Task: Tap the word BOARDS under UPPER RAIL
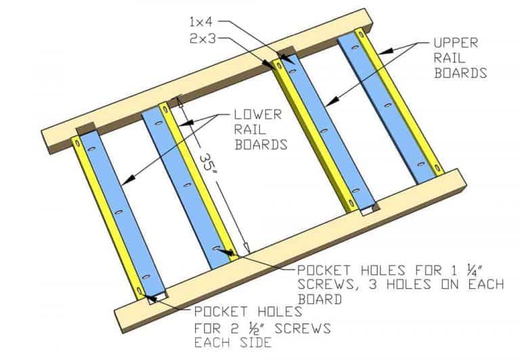pos(461,72)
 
